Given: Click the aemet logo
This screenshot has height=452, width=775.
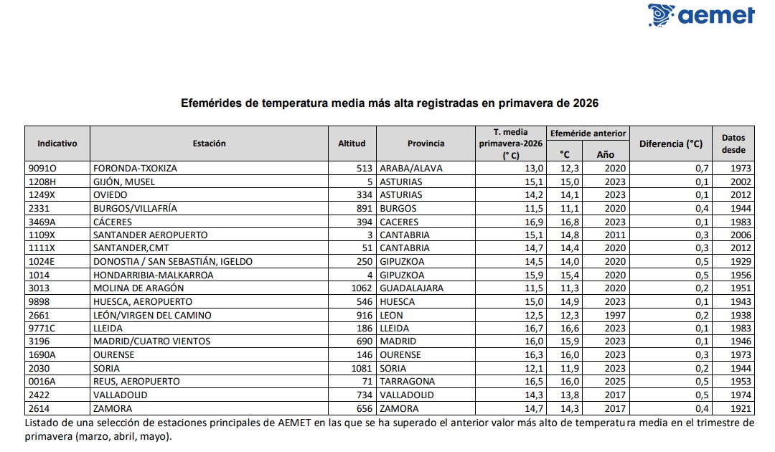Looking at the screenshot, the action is (701, 15).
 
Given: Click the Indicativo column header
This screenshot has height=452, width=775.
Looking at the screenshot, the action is (57, 143).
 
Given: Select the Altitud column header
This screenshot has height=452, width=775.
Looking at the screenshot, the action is (352, 143).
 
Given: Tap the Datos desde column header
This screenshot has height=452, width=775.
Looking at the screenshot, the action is (733, 143).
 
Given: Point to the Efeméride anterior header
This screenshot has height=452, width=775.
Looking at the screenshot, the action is (588, 133).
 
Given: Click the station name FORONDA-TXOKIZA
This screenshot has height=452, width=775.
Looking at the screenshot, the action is (135, 169).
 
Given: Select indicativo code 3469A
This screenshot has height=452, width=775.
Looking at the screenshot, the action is (42, 222).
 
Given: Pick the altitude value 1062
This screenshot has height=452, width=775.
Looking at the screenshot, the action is (362, 288).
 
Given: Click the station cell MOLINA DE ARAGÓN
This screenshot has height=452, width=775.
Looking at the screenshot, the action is (138, 288).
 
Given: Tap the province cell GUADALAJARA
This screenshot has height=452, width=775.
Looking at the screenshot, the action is (412, 288).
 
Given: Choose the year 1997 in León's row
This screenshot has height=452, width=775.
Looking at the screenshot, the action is (616, 315).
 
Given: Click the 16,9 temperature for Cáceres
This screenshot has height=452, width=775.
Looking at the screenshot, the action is (535, 222).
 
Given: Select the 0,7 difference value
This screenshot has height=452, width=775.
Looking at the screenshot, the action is (702, 169).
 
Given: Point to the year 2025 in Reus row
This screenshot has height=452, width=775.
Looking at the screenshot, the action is (616, 382).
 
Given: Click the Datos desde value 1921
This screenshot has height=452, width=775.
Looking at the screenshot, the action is (741, 408).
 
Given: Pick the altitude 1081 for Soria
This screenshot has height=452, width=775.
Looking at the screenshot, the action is (362, 369).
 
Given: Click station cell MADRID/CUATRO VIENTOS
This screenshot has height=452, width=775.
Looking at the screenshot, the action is (151, 342).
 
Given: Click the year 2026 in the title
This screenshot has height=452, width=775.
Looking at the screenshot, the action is (586, 103).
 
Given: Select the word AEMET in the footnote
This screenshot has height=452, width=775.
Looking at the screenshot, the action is (295, 423).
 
